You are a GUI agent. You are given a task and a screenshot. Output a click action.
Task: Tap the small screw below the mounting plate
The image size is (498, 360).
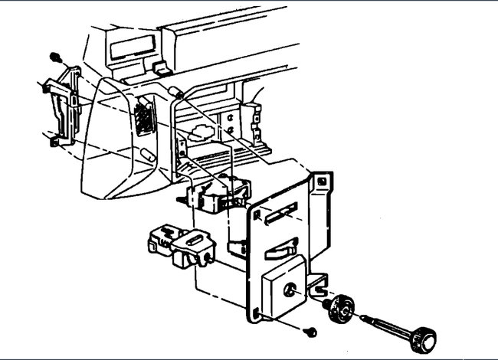(x=310, y=331)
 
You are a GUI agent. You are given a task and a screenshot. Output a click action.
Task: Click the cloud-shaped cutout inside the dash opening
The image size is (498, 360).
(x=201, y=133)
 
